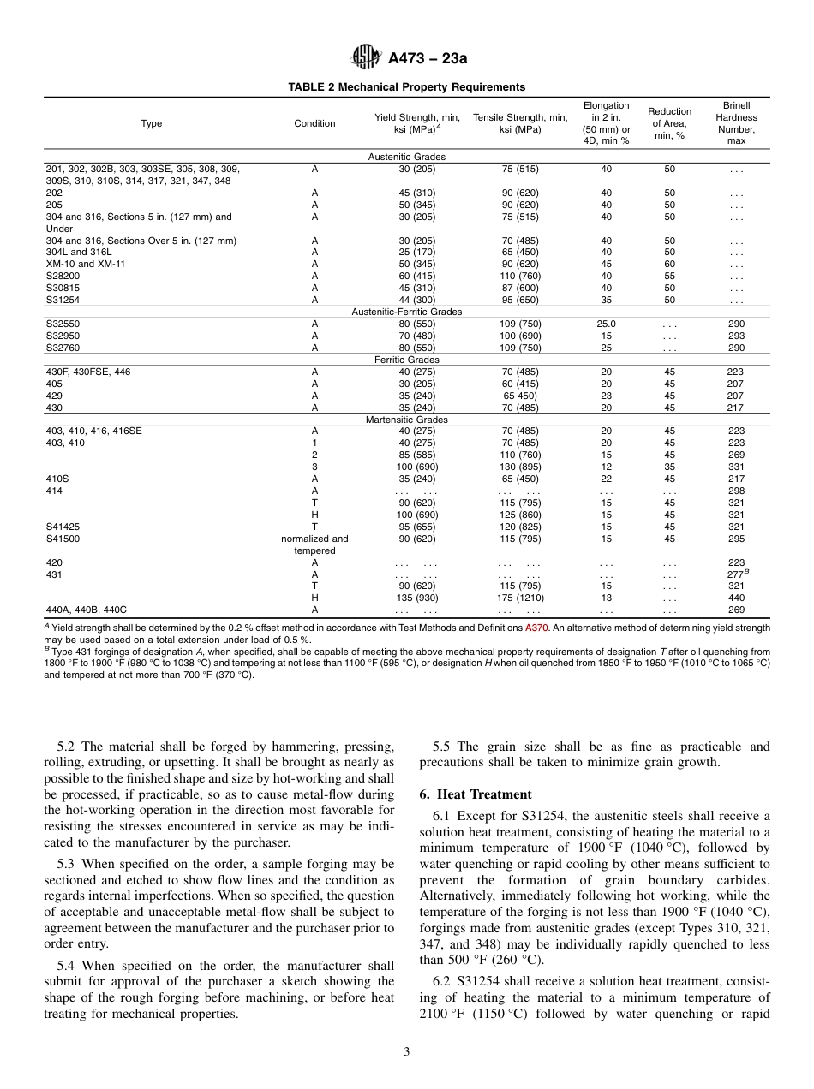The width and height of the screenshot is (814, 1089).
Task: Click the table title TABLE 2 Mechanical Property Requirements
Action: (406, 87)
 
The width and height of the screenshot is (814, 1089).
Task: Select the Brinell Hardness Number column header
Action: (736, 123)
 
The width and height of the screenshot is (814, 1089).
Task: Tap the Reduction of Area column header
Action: (669, 123)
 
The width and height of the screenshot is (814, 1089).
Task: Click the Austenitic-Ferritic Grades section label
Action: (406, 312)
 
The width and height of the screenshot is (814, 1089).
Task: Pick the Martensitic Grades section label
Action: (406, 420)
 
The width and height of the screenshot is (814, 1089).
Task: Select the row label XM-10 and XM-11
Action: (85, 265)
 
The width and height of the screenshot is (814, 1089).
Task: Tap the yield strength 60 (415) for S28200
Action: (417, 277)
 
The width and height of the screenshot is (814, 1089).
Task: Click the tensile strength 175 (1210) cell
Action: (519, 598)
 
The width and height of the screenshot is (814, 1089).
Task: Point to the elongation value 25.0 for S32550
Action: (606, 324)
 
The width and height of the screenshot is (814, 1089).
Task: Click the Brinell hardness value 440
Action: (736, 598)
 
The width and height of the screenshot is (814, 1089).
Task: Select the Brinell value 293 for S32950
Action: (736, 336)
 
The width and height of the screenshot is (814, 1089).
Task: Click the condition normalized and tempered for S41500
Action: (314, 544)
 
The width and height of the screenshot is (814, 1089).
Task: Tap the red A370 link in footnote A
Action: (536, 628)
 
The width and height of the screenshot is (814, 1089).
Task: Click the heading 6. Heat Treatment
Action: (476, 794)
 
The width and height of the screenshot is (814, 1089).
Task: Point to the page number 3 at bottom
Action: (407, 1052)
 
